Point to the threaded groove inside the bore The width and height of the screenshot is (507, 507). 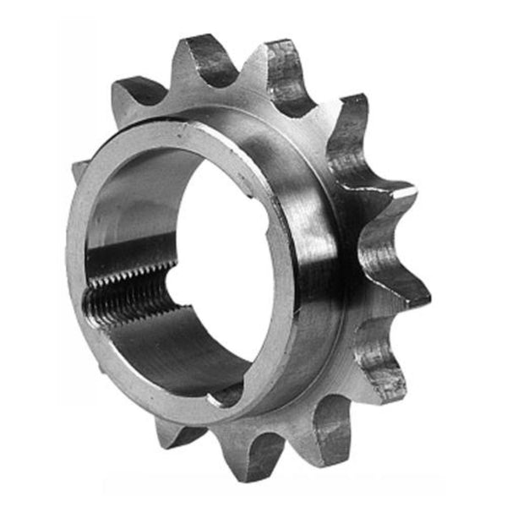(127, 292)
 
